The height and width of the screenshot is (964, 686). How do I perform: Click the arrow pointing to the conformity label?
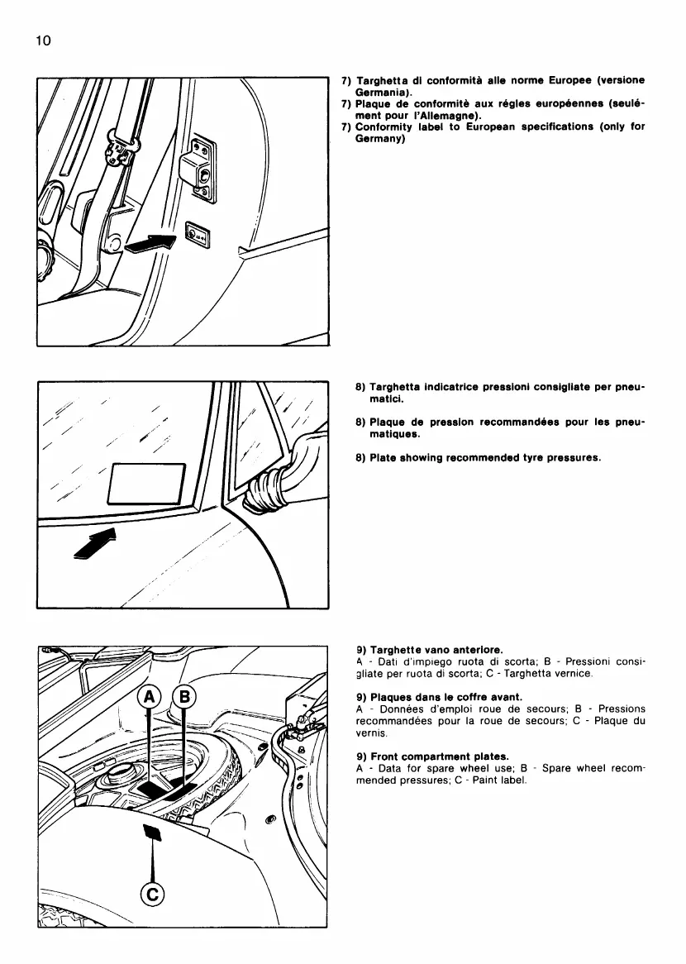point(153,243)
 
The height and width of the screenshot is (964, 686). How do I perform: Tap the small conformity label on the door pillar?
point(199,236)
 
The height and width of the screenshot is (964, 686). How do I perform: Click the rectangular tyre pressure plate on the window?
point(147,483)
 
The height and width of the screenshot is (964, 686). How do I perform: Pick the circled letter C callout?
point(154,894)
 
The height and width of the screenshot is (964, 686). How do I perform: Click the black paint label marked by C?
point(152,831)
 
